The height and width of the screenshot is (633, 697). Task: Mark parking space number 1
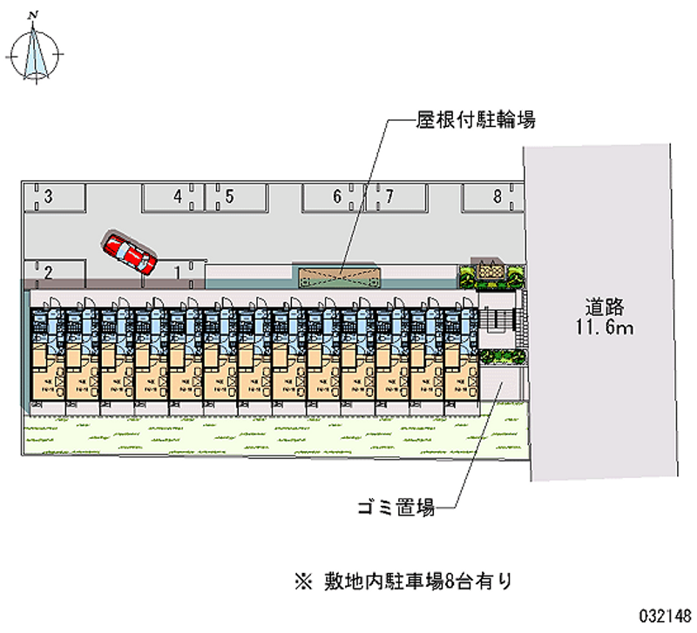(174, 273)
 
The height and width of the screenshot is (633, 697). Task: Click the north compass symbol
(36, 54)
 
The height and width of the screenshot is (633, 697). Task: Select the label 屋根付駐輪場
(474, 121)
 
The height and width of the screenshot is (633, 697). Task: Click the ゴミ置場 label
(396, 506)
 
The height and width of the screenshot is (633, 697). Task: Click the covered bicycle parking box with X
(340, 277)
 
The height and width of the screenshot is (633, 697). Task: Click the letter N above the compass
(32, 15)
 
